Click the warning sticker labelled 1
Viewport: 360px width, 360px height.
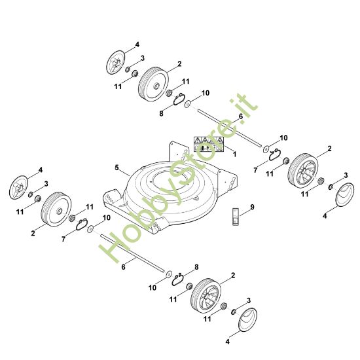coord(208,144)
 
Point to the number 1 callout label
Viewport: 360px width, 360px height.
coord(234,154)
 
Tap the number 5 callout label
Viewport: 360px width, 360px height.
coord(117,168)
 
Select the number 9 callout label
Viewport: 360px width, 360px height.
coord(252,207)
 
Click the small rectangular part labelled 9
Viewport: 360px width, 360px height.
coord(236,217)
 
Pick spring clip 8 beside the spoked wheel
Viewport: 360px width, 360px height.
coord(177,279)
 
